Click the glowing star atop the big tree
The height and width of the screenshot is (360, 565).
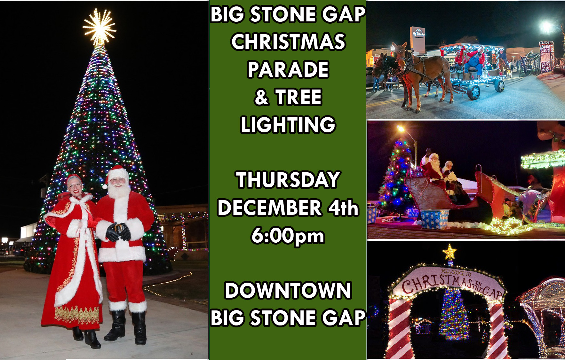pos(99,27)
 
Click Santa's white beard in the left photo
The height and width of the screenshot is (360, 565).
pos(119,191)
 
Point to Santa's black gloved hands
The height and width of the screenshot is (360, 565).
pos(118,232)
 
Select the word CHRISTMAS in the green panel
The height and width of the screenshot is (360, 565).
pos(288,42)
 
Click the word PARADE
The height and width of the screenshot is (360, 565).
pos(288,69)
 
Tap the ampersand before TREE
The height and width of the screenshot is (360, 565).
pos(261,97)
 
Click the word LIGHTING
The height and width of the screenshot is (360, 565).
pos(288,125)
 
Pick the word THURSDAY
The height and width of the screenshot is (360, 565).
pos(288,180)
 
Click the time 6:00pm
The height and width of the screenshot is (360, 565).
pos(288,236)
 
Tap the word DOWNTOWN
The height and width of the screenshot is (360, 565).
pos(288,290)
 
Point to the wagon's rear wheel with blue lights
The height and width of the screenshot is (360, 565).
pos(473,91)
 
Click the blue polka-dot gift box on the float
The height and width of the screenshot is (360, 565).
pos(434,219)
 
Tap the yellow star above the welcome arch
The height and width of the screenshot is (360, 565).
pos(450,252)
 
